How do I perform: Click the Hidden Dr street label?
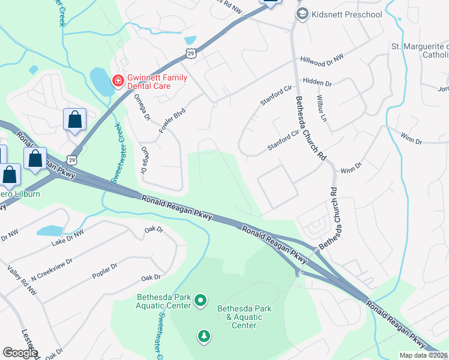click(318, 81)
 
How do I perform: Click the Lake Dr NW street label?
click(68, 236)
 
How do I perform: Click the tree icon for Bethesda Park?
click(204, 336)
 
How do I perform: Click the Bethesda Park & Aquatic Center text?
click(244, 317)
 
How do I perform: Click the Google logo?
click(19, 353)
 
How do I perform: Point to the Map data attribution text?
click(423, 355)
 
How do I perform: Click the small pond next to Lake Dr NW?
click(49, 230)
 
